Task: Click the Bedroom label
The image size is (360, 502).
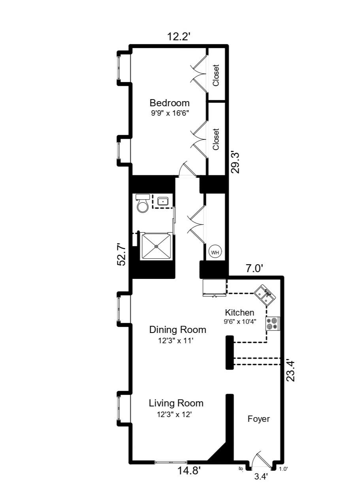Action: click(169, 103)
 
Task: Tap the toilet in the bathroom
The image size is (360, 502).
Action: click(143, 203)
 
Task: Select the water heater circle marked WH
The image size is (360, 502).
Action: click(215, 252)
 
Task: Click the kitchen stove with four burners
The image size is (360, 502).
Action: click(273, 323)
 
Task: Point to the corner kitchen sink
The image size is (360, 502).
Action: click(265, 295)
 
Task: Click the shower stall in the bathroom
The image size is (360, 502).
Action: click(156, 246)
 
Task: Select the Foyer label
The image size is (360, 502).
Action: click(258, 419)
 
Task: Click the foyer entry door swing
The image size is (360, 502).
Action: click(261, 458)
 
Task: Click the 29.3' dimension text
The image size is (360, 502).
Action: click(236, 162)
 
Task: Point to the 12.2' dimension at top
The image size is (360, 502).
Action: click(179, 37)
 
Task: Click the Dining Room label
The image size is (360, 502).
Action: click(177, 329)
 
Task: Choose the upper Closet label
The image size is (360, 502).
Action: click(216, 75)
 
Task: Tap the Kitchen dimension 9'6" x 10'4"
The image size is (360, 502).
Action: click(240, 322)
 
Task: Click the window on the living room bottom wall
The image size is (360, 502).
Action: click(170, 461)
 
